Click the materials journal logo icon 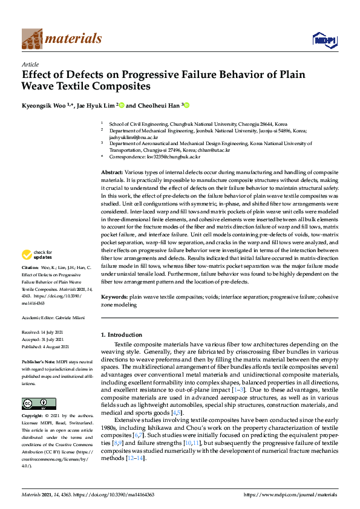pyautogui.click(x=31, y=38)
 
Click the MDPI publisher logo pyautogui.click(x=324, y=40)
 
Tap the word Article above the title pyautogui.click(x=30, y=63)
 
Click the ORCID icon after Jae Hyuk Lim pyautogui.click(x=121, y=105)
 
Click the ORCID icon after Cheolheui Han pyautogui.click(x=186, y=105)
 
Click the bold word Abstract pyautogui.click(x=113, y=173)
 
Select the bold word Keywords pyautogui.click(x=114, y=297)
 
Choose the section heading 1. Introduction pyautogui.click(x=122, y=334)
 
